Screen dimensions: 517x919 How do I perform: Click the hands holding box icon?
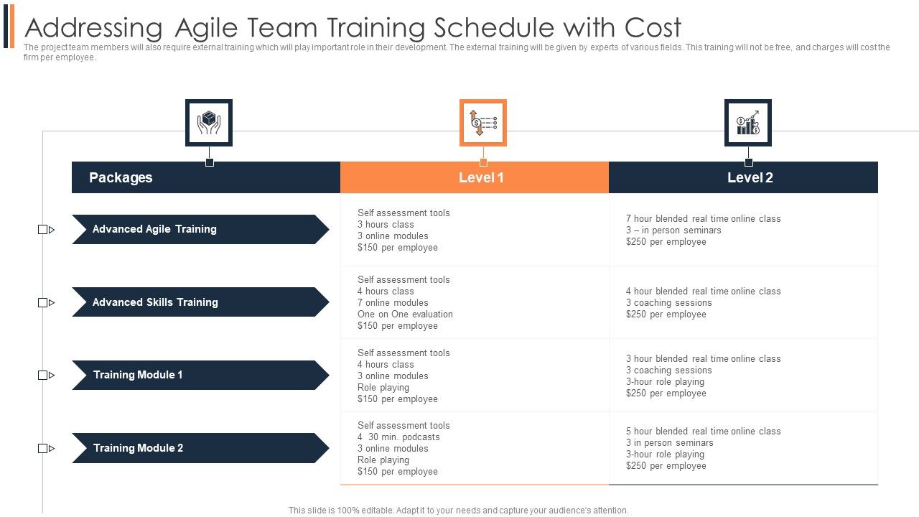click(208, 123)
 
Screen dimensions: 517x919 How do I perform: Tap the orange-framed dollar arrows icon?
click(482, 123)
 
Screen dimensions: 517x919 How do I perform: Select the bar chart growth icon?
click(748, 123)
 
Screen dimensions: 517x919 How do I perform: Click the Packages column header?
click(121, 177)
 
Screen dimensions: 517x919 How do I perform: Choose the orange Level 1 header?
click(481, 177)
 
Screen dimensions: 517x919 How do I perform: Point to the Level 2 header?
click(750, 177)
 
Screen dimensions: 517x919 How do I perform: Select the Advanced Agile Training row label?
click(154, 229)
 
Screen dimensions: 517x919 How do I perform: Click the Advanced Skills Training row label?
click(155, 302)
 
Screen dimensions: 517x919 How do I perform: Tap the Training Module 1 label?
click(138, 375)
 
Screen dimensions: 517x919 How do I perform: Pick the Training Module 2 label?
click(138, 448)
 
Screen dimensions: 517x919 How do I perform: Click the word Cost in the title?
click(653, 28)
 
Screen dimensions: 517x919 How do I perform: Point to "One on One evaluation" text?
click(405, 314)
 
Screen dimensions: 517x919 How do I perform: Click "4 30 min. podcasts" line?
click(398, 437)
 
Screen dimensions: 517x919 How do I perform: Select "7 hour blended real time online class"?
click(703, 218)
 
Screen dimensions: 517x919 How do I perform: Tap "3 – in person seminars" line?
click(673, 230)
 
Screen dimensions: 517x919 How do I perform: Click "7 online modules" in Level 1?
click(393, 302)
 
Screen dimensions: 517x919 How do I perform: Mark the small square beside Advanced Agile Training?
click(42, 230)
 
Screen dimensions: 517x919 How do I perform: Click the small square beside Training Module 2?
click(42, 449)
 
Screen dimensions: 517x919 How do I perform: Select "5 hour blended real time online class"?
click(703, 431)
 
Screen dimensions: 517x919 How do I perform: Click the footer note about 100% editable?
click(458, 511)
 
